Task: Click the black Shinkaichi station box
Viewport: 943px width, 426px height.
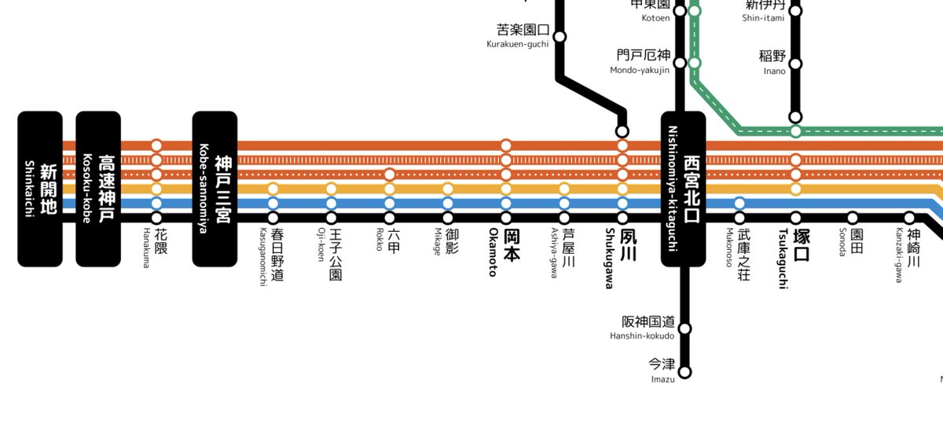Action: [x=40, y=189]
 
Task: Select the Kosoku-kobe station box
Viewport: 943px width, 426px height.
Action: [x=98, y=189]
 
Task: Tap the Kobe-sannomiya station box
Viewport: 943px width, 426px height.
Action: [x=215, y=189]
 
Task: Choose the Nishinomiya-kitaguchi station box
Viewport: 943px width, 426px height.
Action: [x=683, y=189]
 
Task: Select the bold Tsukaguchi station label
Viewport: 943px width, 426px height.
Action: [x=794, y=258]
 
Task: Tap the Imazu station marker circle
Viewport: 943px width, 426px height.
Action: [x=684, y=371]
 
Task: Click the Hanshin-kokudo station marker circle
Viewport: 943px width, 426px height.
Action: [x=684, y=328]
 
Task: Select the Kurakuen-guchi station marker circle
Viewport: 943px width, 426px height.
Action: [x=560, y=36]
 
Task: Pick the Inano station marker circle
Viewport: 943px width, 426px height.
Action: [x=795, y=64]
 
